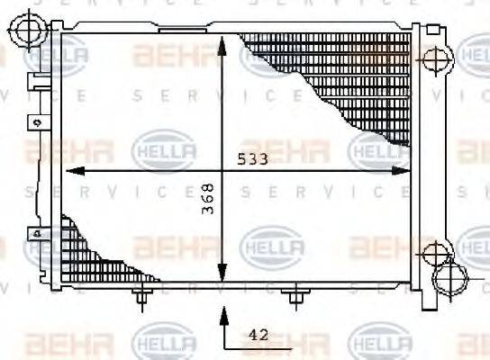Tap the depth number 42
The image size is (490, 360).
259,333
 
